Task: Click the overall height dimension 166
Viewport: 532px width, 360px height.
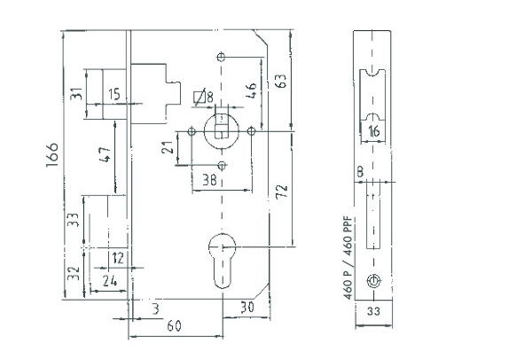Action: (52, 154)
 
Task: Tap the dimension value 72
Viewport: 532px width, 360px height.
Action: (282, 192)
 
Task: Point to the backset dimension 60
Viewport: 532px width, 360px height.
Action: (175, 325)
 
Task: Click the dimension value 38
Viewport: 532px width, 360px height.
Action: (209, 180)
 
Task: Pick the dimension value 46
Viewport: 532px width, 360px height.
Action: (251, 90)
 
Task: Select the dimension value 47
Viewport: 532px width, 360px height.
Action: (105, 154)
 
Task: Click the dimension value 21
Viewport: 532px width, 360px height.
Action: (168, 147)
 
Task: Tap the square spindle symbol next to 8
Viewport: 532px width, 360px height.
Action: (199, 97)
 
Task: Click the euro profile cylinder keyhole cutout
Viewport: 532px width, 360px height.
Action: (222, 261)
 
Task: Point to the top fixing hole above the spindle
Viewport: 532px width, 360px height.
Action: (221, 57)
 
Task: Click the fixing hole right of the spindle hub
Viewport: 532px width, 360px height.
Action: (251, 130)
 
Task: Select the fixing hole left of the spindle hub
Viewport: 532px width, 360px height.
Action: (192, 131)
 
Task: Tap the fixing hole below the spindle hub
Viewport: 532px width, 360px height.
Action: (222, 166)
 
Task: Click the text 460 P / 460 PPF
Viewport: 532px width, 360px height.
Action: (348, 258)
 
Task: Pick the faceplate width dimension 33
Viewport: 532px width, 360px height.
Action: (373, 311)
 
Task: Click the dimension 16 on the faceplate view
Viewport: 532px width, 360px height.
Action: (373, 131)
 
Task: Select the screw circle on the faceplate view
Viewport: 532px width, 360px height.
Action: (373, 281)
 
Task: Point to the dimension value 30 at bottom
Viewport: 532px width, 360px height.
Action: (247, 307)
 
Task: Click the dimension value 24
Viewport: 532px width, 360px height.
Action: (110, 281)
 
